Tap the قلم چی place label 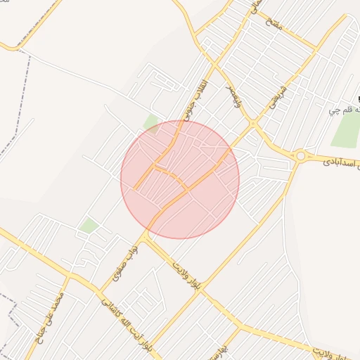tap(345, 110)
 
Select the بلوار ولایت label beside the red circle tap(184, 274)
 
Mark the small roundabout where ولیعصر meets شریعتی tap(252, 125)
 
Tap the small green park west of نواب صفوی tap(89, 226)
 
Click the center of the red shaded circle tap(180, 179)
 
